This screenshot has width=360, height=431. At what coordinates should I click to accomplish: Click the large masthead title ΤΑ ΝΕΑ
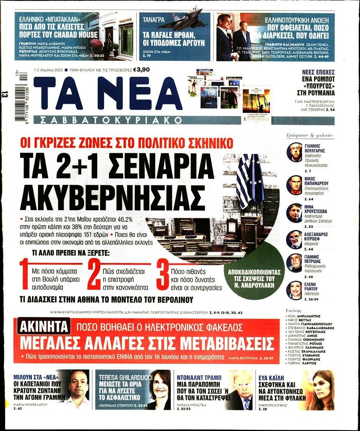[108, 93]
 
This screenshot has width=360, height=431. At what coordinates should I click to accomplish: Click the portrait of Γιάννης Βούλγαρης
[294, 152]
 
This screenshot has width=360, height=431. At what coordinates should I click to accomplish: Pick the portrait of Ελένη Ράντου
[294, 291]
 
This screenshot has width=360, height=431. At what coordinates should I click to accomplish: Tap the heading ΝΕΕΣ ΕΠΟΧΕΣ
[318, 72]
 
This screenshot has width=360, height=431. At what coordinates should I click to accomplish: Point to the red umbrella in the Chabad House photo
[96, 42]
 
